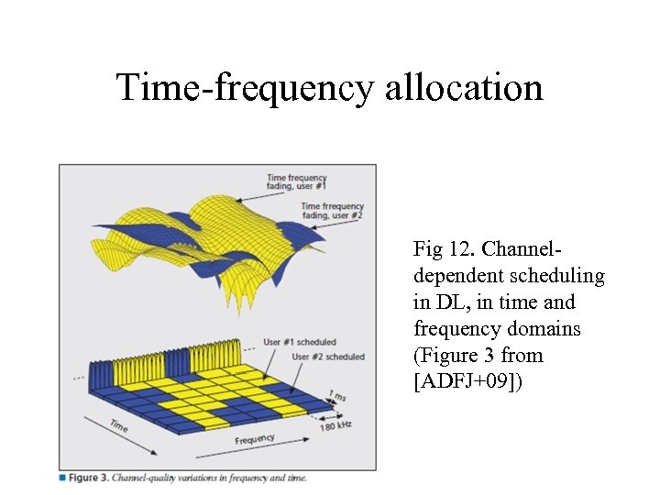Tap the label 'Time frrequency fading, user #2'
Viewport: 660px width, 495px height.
pyautogui.click(x=332, y=210)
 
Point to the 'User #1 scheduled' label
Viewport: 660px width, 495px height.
pyautogui.click(x=299, y=342)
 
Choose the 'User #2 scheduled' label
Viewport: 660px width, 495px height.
pyautogui.click(x=327, y=357)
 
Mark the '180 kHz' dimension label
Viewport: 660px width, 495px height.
pyautogui.click(x=335, y=425)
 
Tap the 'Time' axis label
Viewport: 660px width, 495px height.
pyautogui.click(x=118, y=425)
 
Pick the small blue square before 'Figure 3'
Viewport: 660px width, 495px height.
pyautogui.click(x=62, y=478)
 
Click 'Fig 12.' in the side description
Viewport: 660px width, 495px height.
pyautogui.click(x=444, y=248)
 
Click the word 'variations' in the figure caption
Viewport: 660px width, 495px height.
pyautogui.click(x=192, y=478)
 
